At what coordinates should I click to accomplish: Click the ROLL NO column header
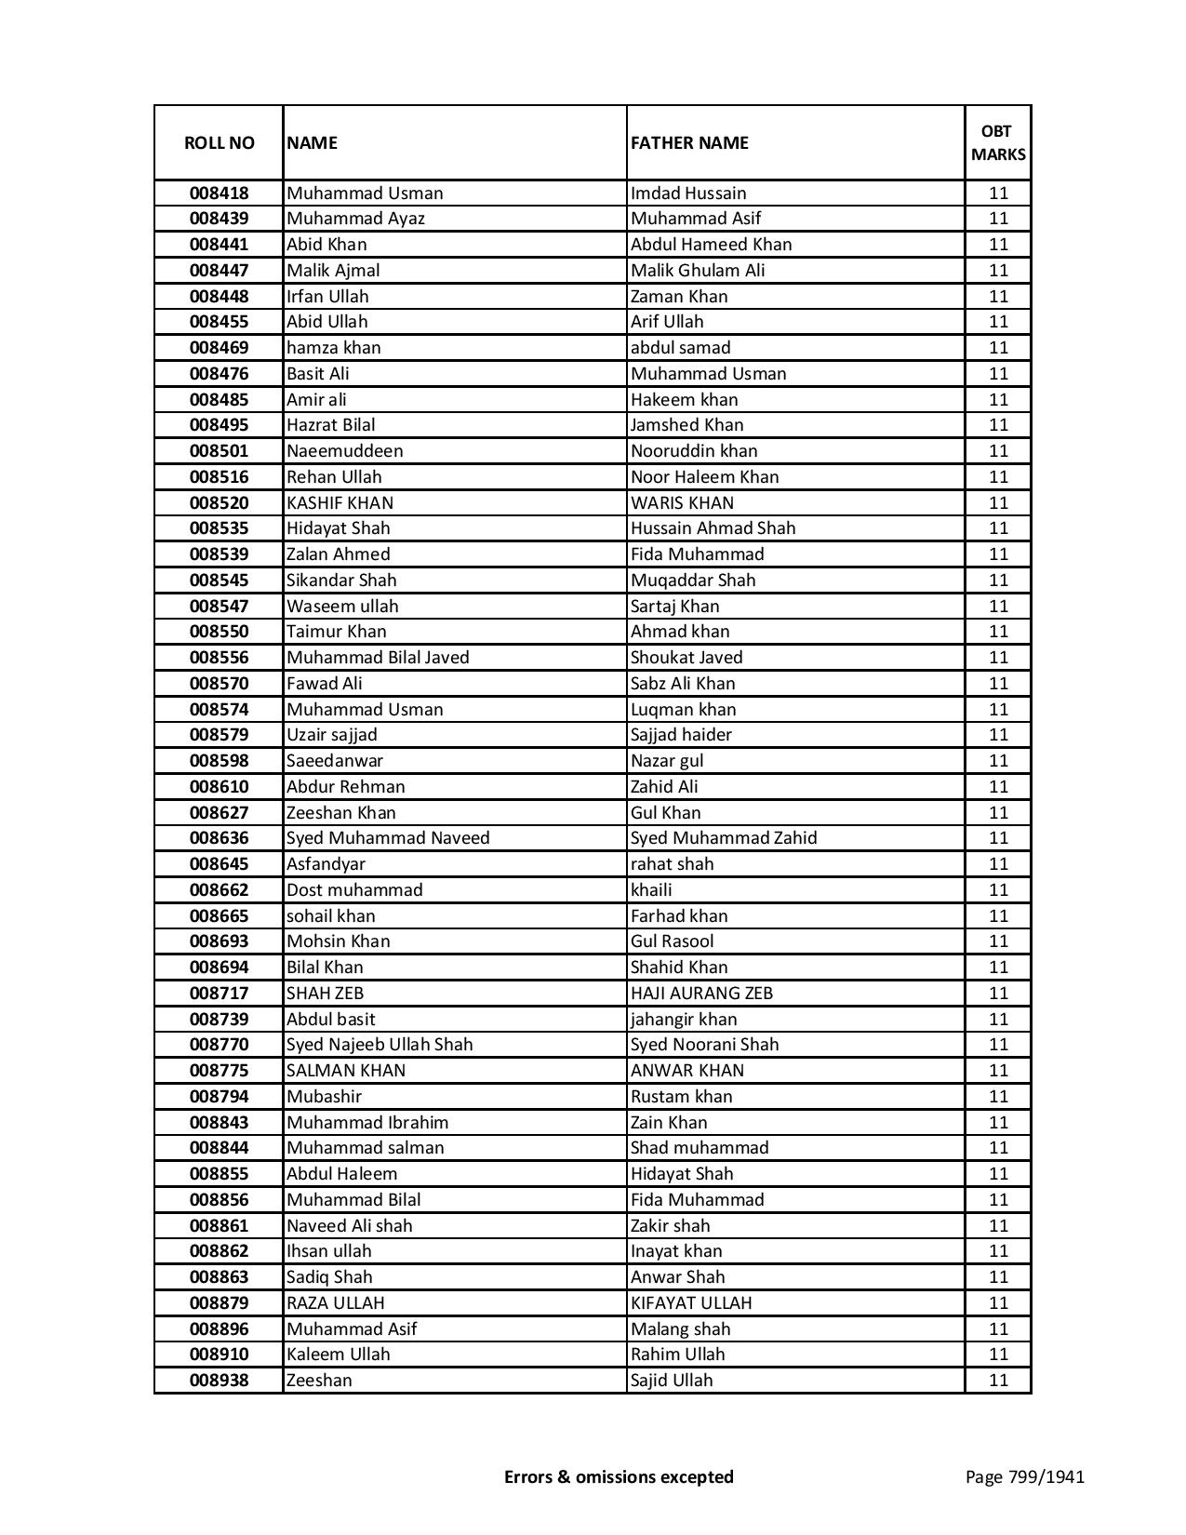219,143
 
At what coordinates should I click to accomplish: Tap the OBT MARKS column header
998,143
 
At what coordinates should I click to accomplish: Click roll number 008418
219,194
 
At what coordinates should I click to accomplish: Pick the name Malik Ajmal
333,271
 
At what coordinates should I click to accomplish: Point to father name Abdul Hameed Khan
711,245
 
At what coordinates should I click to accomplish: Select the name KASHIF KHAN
340,503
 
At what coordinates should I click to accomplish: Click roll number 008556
219,658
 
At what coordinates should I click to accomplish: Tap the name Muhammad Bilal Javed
378,658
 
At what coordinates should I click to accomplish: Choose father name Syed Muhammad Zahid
724,838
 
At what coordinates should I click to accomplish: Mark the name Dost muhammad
354,890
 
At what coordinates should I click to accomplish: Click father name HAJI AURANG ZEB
701,994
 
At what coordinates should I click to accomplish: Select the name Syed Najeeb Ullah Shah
380,1045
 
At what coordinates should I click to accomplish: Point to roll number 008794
219,1097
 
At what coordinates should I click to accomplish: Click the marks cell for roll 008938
998,1381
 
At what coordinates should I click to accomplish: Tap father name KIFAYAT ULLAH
691,1303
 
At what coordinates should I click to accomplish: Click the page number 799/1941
1025,1476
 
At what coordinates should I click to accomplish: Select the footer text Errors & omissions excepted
619,1476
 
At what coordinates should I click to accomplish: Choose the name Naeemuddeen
345,451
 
